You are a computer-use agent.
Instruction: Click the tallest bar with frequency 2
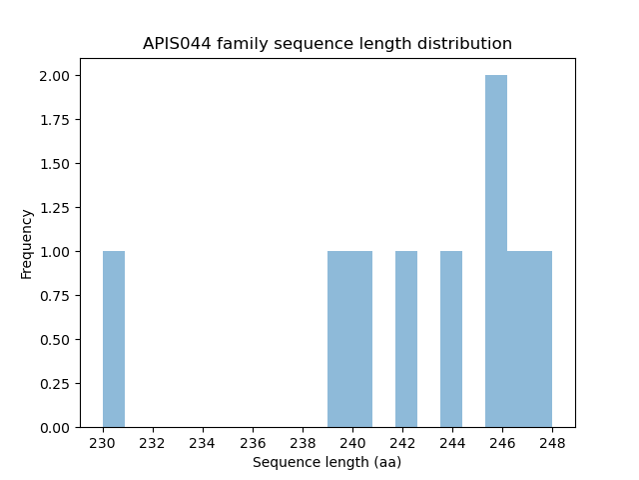[x=496, y=251]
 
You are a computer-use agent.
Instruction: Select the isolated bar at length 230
[x=114, y=339]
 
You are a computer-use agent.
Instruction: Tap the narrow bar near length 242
[x=406, y=339]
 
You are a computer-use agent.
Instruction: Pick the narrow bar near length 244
[x=451, y=339]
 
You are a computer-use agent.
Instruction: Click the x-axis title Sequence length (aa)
[x=326, y=462]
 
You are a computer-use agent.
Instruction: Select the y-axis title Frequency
[x=27, y=243]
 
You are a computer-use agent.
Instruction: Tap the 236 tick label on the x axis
[x=253, y=443]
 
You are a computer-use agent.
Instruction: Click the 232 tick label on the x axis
[x=153, y=443]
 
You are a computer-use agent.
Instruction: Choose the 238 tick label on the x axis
[x=303, y=443]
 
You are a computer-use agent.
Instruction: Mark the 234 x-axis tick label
[x=203, y=443]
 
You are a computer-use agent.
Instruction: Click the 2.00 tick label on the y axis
[x=55, y=76]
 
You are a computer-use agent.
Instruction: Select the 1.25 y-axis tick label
[x=55, y=208]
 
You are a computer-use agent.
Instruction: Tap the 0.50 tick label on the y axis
[x=55, y=340]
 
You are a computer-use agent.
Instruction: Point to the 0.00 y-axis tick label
[x=55, y=428]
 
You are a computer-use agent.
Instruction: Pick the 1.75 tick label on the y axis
[x=55, y=120]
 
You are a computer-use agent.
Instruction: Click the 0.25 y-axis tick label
[x=55, y=384]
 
